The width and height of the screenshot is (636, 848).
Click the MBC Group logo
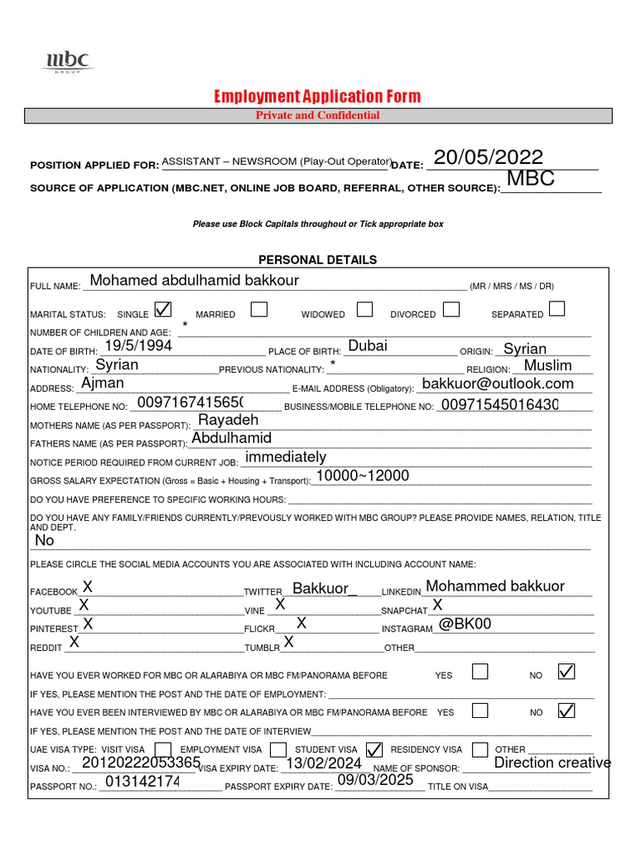[70, 61]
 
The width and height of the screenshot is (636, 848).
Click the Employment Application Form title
[317, 97]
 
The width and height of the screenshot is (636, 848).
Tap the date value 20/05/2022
[489, 157]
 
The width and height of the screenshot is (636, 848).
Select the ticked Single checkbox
[163, 310]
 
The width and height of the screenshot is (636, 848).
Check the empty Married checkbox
[258, 310]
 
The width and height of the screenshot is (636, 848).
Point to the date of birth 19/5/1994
[138, 346]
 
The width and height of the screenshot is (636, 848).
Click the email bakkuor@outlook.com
[497, 383]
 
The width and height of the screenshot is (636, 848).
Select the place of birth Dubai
[368, 346]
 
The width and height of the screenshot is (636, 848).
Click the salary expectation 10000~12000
[363, 475]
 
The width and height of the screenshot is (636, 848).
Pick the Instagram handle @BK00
[465, 624]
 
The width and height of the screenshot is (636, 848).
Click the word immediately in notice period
[286, 457]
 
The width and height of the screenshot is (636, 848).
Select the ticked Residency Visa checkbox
[374, 749]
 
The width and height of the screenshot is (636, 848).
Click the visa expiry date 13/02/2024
[324, 764]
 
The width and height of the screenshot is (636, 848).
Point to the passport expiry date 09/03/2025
[374, 779]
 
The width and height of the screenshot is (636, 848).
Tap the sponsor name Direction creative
[552, 763]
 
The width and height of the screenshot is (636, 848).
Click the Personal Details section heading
[317, 260]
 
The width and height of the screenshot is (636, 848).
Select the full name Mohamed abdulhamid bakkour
[194, 281]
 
